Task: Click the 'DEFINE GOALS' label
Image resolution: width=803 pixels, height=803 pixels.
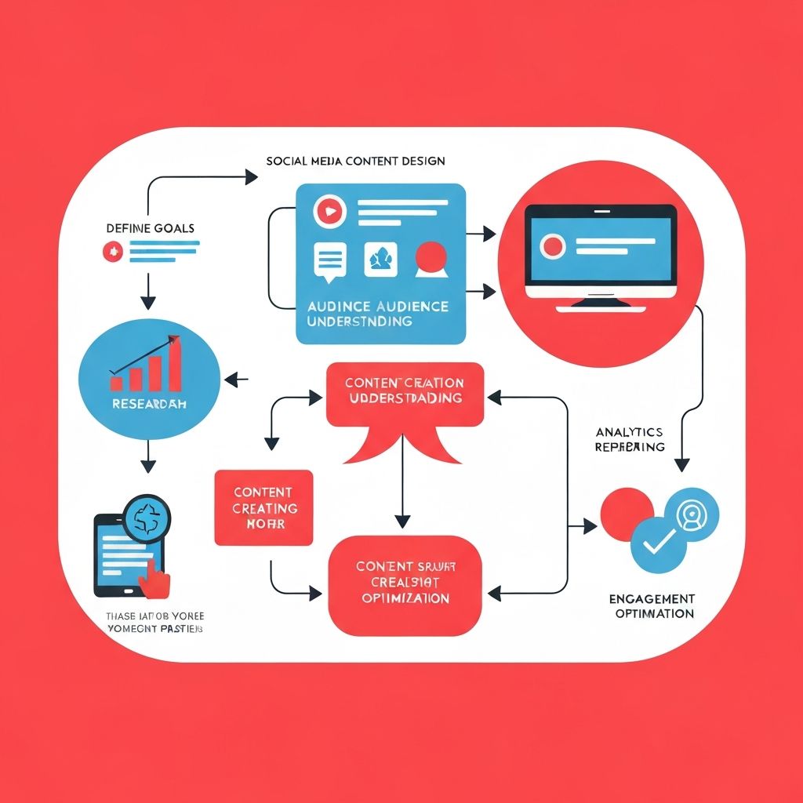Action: pyautogui.click(x=150, y=228)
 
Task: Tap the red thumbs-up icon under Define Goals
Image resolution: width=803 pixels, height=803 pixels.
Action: pyautogui.click(x=111, y=252)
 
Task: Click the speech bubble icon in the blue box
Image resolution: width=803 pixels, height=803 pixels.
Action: pyautogui.click(x=329, y=260)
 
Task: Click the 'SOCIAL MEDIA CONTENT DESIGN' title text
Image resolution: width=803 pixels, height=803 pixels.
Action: pyautogui.click(x=355, y=161)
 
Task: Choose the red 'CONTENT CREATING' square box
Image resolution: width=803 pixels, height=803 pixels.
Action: pyautogui.click(x=263, y=507)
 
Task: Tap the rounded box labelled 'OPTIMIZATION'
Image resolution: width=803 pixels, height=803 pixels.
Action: pyautogui.click(x=404, y=584)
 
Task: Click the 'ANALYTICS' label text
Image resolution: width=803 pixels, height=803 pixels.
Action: pyautogui.click(x=629, y=432)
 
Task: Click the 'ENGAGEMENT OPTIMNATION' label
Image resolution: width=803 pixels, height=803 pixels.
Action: pyautogui.click(x=651, y=606)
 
